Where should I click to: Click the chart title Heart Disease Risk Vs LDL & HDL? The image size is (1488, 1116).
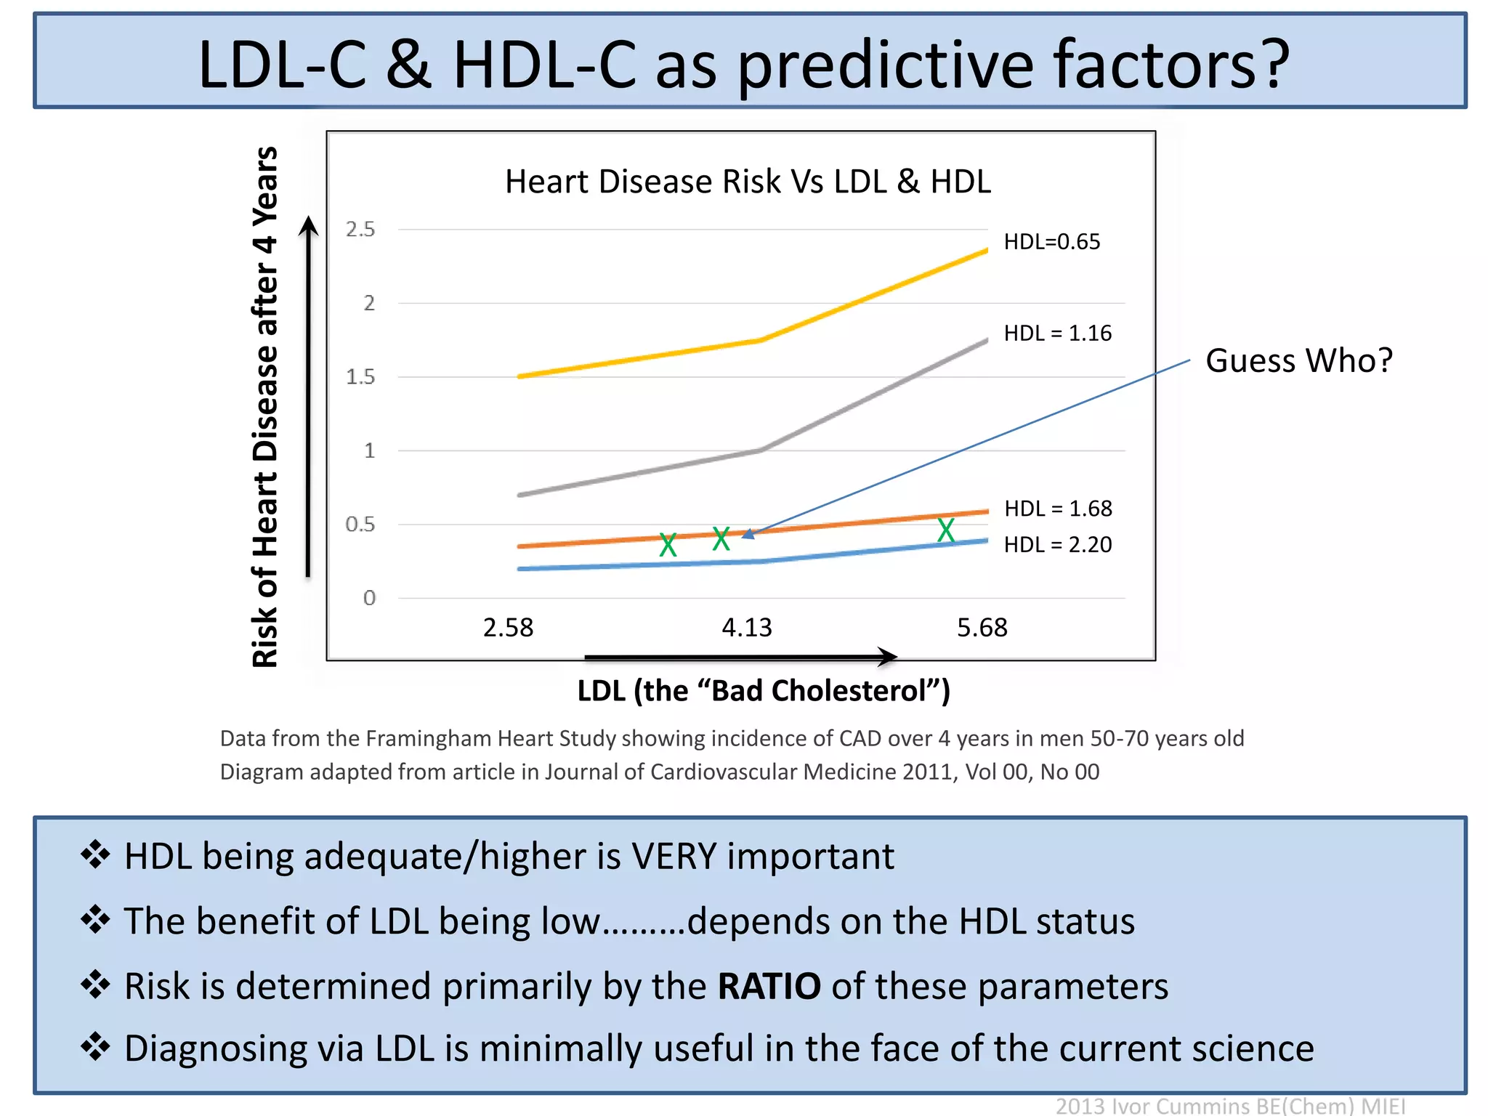coord(748,182)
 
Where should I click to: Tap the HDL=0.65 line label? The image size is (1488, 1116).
coord(1051,242)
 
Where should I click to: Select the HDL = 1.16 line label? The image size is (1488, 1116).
coord(1057,333)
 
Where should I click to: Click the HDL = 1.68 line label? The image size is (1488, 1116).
coord(1058,509)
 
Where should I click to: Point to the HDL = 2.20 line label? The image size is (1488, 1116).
coord(1057,545)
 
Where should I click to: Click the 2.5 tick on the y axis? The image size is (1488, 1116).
coord(360,230)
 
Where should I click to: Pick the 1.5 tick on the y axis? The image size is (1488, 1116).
coord(360,377)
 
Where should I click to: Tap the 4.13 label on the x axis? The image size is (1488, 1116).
coord(746,628)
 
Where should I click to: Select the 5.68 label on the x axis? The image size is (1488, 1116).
coord(982,628)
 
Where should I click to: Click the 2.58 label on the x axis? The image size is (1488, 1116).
coord(508,628)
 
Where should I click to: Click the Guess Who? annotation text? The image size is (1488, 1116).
coord(1299,361)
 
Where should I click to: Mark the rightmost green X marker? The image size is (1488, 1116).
coord(945,530)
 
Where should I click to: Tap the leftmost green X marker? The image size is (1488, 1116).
coord(668,544)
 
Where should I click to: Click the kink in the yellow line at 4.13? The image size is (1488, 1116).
coord(759,340)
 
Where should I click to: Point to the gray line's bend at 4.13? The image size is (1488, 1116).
coord(759,450)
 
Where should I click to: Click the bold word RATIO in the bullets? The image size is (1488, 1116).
coord(769,987)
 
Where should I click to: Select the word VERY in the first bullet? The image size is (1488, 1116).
coord(674,857)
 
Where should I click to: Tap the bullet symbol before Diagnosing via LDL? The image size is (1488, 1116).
coord(95,1048)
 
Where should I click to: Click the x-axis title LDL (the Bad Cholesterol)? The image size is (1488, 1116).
coord(763,691)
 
